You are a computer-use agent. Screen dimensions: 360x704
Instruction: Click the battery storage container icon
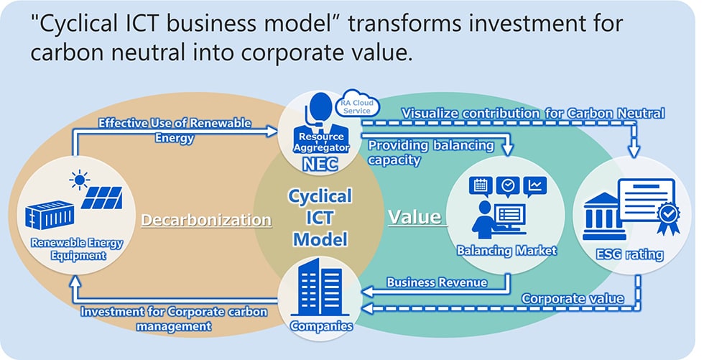(47, 214)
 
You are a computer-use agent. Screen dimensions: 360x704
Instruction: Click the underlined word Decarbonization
(206, 220)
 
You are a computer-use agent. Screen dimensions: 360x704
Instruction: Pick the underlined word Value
(414, 216)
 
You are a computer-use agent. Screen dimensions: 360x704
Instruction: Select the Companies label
(322, 326)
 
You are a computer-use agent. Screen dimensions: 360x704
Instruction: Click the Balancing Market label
(507, 251)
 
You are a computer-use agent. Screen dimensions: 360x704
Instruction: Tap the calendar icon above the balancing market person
(479, 186)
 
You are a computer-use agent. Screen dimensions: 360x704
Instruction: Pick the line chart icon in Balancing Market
(535, 186)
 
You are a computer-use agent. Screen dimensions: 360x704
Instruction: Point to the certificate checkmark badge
(669, 213)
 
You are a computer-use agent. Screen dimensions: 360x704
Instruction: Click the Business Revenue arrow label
(437, 282)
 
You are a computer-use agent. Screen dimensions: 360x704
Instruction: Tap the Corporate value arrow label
(572, 298)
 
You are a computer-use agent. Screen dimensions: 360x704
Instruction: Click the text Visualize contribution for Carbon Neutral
(532, 113)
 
